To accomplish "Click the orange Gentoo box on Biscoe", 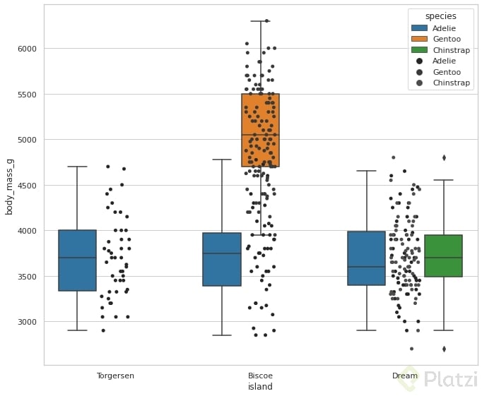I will [261, 130].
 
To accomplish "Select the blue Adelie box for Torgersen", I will [77, 260].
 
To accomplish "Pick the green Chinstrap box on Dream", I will [444, 256].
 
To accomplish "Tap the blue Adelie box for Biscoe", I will [222, 259].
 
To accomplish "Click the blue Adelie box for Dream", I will [367, 258].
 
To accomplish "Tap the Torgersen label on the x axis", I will [115, 376].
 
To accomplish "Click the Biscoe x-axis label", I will [260, 376].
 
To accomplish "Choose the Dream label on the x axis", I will [405, 376].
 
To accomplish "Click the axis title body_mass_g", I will [10, 185].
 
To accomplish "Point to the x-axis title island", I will [260, 387].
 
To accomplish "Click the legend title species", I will [441, 16].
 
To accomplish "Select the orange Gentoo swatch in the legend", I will [420, 39].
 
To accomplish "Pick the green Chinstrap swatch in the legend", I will [420, 50].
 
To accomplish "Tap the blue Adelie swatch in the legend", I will [420, 28].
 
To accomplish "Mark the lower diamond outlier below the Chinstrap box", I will [444, 349].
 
